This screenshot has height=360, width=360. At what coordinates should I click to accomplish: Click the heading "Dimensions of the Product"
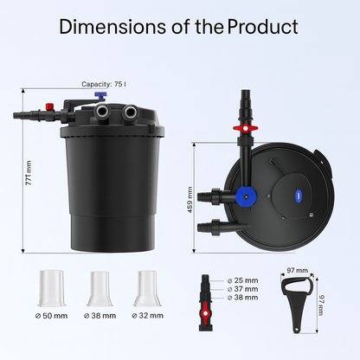tap(179, 28)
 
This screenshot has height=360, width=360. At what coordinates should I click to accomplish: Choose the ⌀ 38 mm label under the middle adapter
tap(101, 315)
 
